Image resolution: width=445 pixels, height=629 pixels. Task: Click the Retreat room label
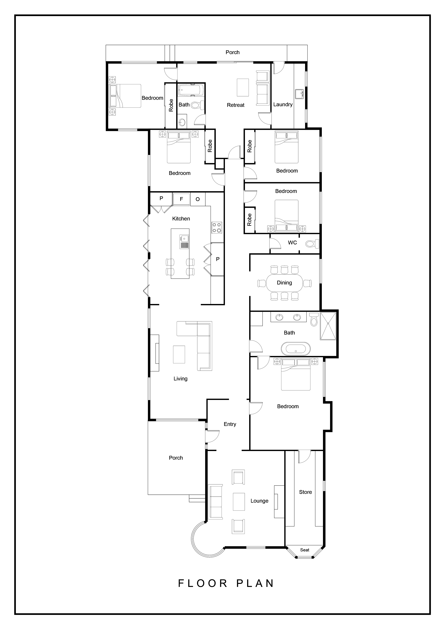point(236,105)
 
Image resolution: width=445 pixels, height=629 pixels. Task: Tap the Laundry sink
point(299,94)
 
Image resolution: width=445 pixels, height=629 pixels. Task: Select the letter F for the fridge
point(181,199)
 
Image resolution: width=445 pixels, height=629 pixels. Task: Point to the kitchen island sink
point(184,238)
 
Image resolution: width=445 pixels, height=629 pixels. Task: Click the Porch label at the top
point(233,52)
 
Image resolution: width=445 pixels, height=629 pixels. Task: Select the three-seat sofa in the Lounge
point(216,502)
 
